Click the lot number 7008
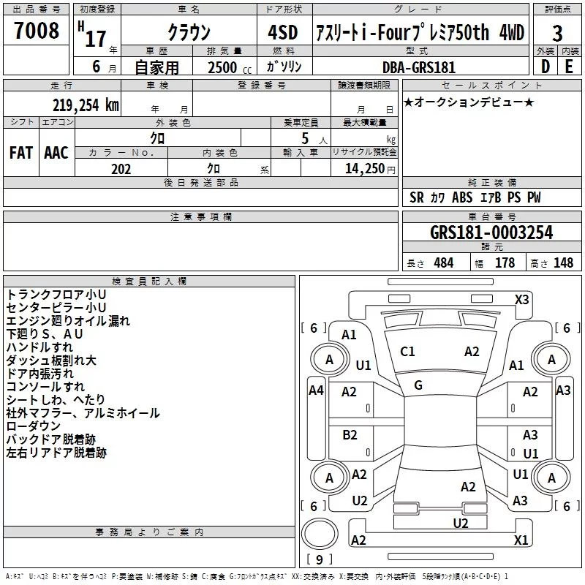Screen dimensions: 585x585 [37, 30]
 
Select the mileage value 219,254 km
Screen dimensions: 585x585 [86, 105]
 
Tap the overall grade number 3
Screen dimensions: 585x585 [557, 34]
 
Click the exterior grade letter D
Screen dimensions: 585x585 [545, 67]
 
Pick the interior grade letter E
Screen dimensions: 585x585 [569, 67]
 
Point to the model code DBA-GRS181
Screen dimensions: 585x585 [419, 67]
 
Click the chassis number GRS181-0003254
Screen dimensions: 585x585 [491, 233]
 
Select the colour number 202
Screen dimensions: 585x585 [121, 169]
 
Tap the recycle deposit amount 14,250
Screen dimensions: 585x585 [365, 169]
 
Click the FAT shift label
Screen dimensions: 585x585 [21, 153]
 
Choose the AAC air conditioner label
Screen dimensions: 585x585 [56, 153]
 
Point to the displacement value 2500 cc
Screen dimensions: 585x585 [230, 67]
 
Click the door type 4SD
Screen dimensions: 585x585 [283, 32]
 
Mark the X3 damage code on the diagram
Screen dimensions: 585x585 [521, 300]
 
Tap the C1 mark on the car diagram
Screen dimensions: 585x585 [407, 352]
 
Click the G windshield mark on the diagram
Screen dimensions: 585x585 [418, 385]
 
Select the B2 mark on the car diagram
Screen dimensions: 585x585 [350, 435]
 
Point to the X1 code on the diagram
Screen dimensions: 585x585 [521, 540]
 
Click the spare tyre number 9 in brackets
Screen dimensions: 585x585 [319, 559]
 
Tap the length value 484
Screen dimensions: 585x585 [444, 263]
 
